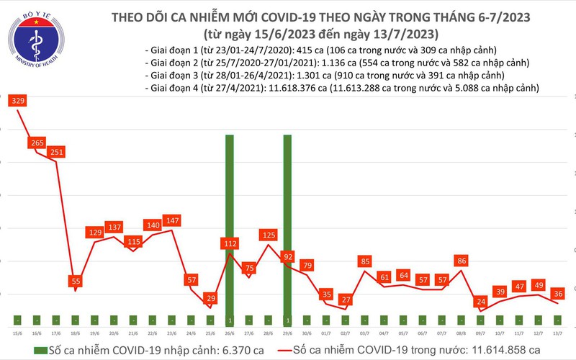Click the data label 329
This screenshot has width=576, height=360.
18,102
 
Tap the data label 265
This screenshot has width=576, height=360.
37,143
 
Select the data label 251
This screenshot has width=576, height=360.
57,152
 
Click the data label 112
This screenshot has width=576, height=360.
230,245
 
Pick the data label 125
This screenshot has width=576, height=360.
269,235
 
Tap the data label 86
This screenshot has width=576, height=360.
462,261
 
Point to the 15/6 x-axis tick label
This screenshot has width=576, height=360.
17,333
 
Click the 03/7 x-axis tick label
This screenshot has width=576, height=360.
365,333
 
